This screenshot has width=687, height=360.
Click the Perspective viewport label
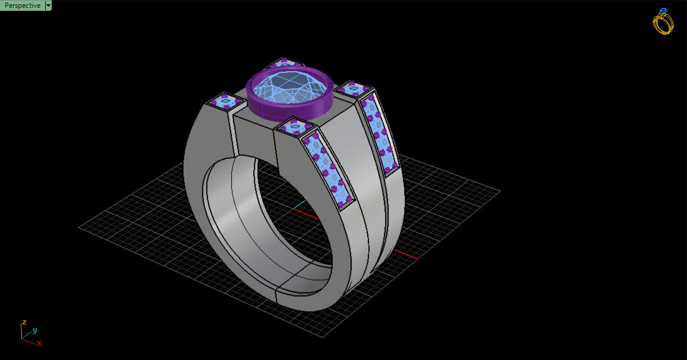(x=22, y=6)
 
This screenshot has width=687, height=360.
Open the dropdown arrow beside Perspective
(x=48, y=6)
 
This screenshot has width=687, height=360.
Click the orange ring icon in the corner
(x=664, y=22)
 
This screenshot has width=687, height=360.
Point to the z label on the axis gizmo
(x=24, y=322)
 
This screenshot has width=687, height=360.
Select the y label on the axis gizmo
(x=35, y=330)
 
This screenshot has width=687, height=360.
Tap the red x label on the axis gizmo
(x=39, y=343)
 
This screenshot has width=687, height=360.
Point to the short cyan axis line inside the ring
(x=299, y=205)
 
